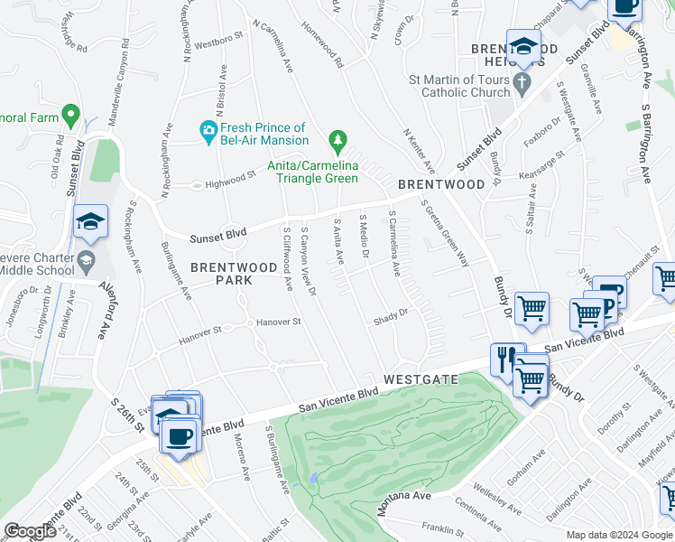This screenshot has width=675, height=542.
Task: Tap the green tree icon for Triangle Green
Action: click(337, 140)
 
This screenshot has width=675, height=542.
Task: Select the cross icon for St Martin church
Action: click(522, 87)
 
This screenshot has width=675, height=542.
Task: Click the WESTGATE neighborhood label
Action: click(421, 380)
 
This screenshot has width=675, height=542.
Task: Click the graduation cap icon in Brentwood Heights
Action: click(523, 47)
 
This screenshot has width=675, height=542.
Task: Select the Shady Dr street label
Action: click(392, 319)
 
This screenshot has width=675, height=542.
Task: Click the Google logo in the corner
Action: click(31, 531)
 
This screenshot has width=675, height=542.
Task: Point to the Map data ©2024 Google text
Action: click(619, 535)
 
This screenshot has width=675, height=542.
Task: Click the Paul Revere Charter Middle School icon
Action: click(85, 262)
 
